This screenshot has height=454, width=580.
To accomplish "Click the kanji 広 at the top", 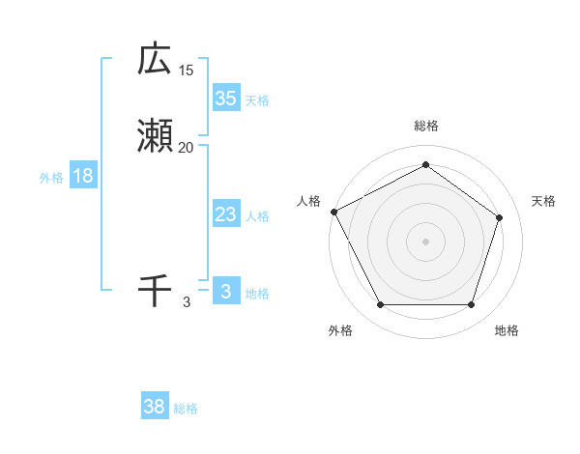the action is [x=155, y=59].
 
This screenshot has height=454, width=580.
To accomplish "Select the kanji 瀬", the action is [x=155, y=136].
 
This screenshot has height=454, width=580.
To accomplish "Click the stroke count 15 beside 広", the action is [x=187, y=71].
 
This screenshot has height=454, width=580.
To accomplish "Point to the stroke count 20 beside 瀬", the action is [x=187, y=148].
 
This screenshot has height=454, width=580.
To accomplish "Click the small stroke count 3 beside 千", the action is [x=187, y=302].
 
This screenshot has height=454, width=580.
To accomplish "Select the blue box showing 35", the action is [x=225, y=98].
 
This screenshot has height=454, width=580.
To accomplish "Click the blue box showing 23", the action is [x=225, y=214].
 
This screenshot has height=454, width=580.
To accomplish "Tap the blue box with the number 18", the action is [x=83, y=176].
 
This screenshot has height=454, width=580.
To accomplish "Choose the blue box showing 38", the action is [x=155, y=407].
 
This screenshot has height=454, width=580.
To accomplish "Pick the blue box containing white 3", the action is [x=225, y=291].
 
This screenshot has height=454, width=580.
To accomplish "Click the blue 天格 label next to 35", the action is [x=257, y=100].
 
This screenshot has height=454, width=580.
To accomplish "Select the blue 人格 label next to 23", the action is [x=257, y=216].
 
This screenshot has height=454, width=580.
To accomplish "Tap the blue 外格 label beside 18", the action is [x=51, y=178].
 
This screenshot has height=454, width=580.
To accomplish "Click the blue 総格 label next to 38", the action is [x=186, y=409].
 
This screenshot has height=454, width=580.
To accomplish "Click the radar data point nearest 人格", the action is [x=333, y=212].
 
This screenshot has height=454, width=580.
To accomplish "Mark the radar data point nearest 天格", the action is [x=499, y=217].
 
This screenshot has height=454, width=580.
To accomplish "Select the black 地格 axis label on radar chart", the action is [x=507, y=330].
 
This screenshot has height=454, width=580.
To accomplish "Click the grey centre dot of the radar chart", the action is [x=425, y=241].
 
